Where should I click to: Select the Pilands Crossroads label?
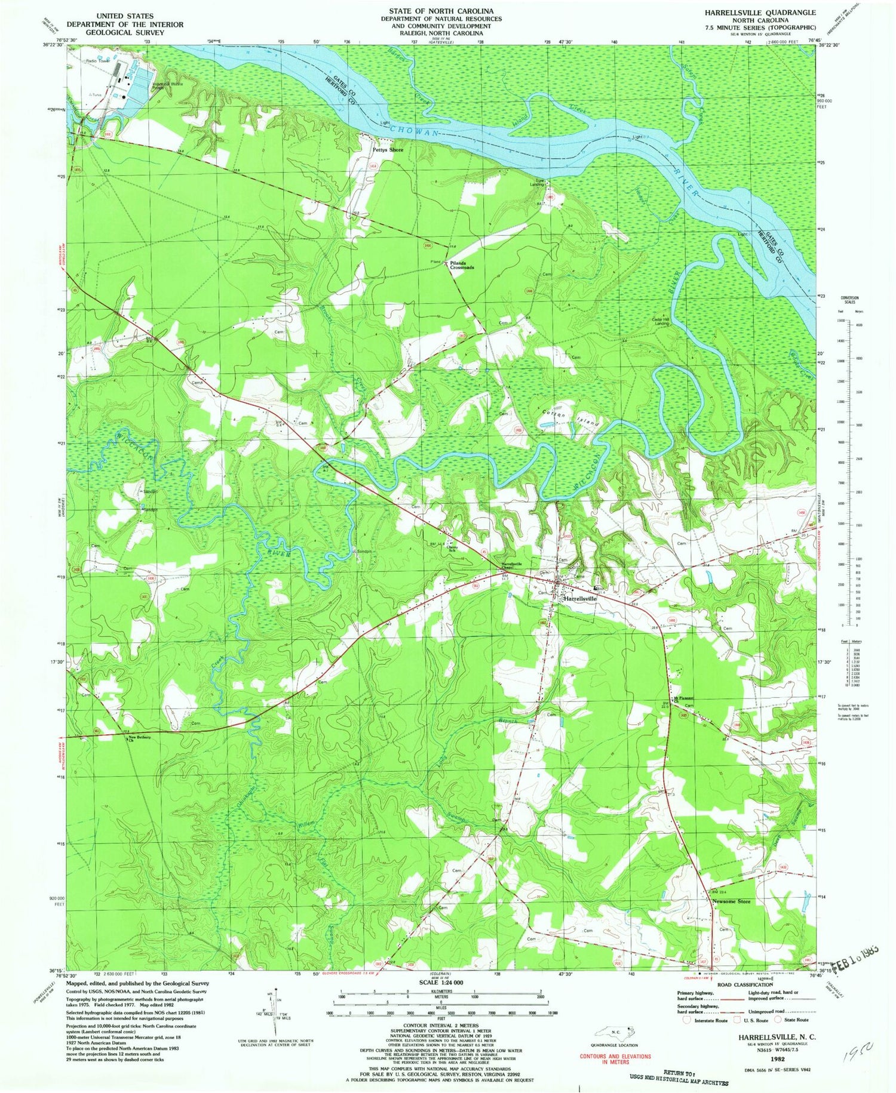(462, 266)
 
